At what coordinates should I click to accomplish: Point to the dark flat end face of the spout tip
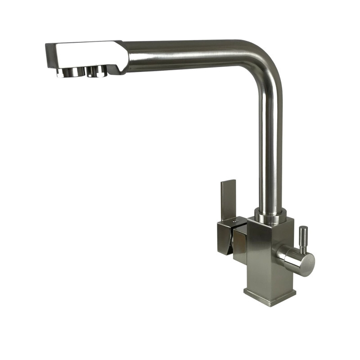50,56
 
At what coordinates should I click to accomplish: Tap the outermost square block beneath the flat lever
224,238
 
